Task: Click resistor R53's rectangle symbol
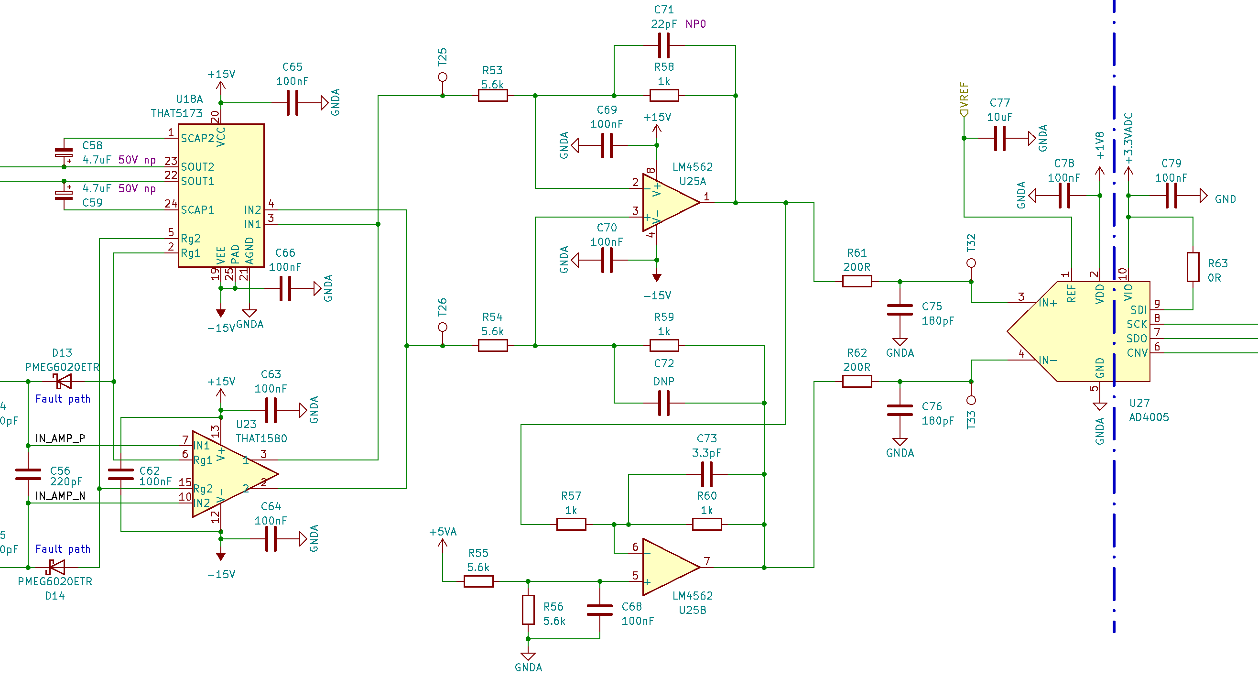click(493, 96)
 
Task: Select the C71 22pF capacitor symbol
click(664, 45)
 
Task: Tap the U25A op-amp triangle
click(669, 203)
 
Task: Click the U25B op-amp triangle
click(669, 567)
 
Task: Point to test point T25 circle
click(443, 77)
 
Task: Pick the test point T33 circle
click(971, 401)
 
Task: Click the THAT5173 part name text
click(176, 113)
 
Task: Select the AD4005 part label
click(1149, 417)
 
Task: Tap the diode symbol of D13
click(63, 382)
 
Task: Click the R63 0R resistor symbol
click(1193, 267)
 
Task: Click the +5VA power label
click(443, 532)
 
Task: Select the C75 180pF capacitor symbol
click(900, 310)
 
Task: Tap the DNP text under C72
click(664, 382)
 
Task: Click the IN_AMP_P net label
click(60, 438)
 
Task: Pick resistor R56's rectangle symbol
click(528, 610)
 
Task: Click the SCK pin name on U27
click(1137, 324)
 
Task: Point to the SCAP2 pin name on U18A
click(197, 138)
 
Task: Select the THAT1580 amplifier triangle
click(229, 474)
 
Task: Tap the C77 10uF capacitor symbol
click(1000, 138)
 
